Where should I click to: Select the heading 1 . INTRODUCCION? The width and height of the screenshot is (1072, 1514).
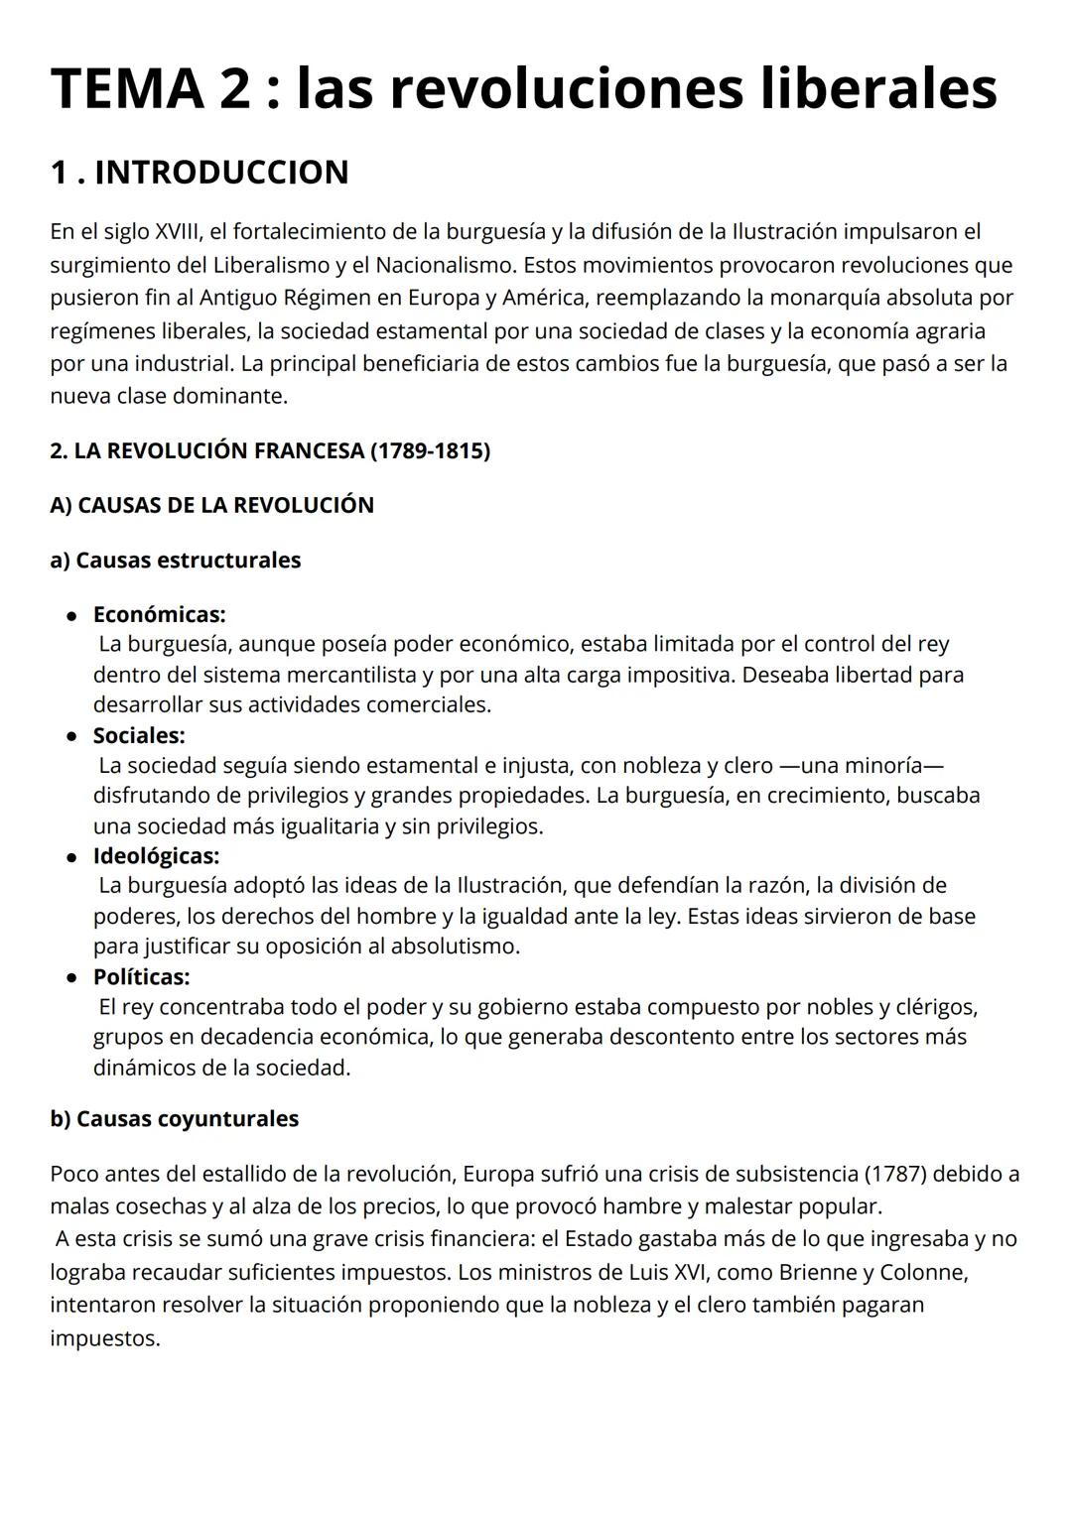[200, 172]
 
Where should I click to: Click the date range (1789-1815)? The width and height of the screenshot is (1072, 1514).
[430, 450]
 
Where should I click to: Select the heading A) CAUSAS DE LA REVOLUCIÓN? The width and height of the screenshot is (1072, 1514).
[211, 505]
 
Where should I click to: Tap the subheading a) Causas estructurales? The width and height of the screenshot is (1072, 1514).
[175, 560]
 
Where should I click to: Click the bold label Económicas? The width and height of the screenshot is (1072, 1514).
[159, 614]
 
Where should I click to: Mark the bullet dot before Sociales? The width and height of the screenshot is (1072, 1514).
[71, 736]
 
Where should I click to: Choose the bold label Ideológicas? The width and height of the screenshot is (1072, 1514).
[156, 855]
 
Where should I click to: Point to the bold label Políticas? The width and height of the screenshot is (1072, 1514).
[141, 976]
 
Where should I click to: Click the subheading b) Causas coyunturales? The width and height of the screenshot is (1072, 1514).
[174, 1118]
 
